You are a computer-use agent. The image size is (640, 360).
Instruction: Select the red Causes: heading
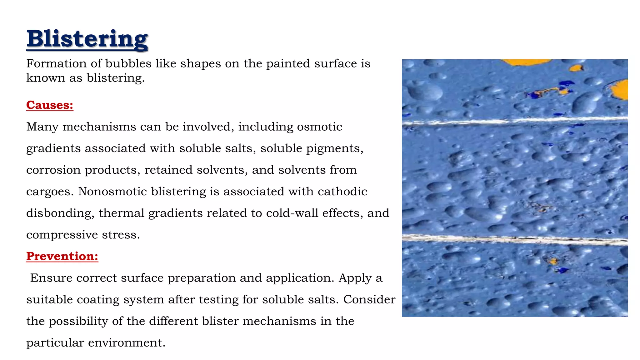coord(50,105)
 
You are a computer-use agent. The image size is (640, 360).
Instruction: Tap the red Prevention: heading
coord(62,256)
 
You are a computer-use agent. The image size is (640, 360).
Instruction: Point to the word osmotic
coord(319,127)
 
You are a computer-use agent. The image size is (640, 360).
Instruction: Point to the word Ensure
coord(51,278)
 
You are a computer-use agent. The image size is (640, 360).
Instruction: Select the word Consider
coord(369,299)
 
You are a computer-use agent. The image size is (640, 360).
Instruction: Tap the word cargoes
coord(50,192)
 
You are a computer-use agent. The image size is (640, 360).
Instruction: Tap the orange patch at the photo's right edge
coord(621,89)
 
